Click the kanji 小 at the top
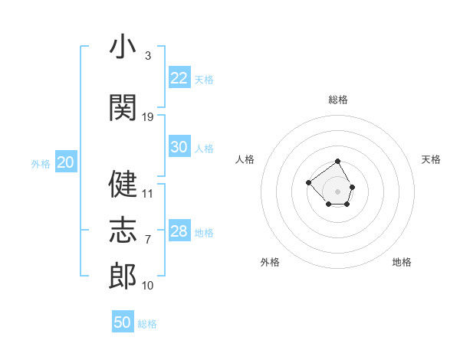(123, 46)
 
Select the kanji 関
(123, 107)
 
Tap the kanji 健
(123, 184)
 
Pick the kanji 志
(123, 230)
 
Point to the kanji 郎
(123, 276)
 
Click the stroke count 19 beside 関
(147, 117)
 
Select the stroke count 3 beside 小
(148, 56)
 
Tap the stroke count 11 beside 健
(147, 194)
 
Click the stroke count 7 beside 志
(148, 240)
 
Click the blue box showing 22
(179, 77)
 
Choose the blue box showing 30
(179, 146)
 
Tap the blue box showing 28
(179, 230)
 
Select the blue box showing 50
(123, 321)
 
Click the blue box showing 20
(66, 162)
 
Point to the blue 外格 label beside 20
(41, 164)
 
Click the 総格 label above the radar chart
(338, 100)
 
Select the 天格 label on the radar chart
(431, 159)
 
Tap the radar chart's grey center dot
(337, 191)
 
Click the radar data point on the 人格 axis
(308, 182)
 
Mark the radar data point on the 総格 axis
(337, 162)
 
